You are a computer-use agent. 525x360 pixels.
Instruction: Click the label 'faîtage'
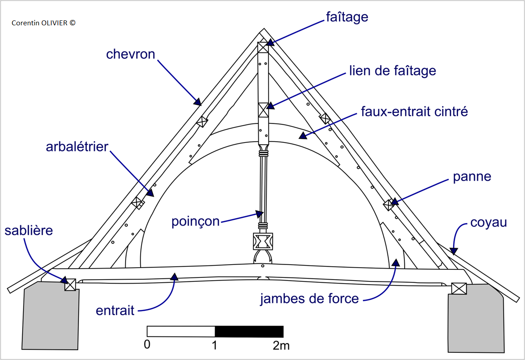[347, 18]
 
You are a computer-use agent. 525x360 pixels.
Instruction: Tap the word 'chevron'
[130, 55]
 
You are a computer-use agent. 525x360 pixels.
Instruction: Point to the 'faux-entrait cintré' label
[414, 111]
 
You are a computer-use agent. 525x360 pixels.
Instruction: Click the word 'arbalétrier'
[77, 146]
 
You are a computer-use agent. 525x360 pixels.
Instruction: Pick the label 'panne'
[472, 177]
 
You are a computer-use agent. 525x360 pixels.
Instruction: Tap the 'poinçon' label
[196, 222]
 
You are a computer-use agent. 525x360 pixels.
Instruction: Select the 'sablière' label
[29, 231]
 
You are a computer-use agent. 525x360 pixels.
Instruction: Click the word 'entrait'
[115, 310]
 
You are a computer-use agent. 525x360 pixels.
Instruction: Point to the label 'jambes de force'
[309, 299]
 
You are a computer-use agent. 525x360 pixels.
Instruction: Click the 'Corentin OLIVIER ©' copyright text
[43, 22]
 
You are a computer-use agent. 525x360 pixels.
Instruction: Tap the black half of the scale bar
[249, 332]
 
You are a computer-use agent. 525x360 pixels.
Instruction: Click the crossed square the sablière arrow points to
[70, 285]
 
